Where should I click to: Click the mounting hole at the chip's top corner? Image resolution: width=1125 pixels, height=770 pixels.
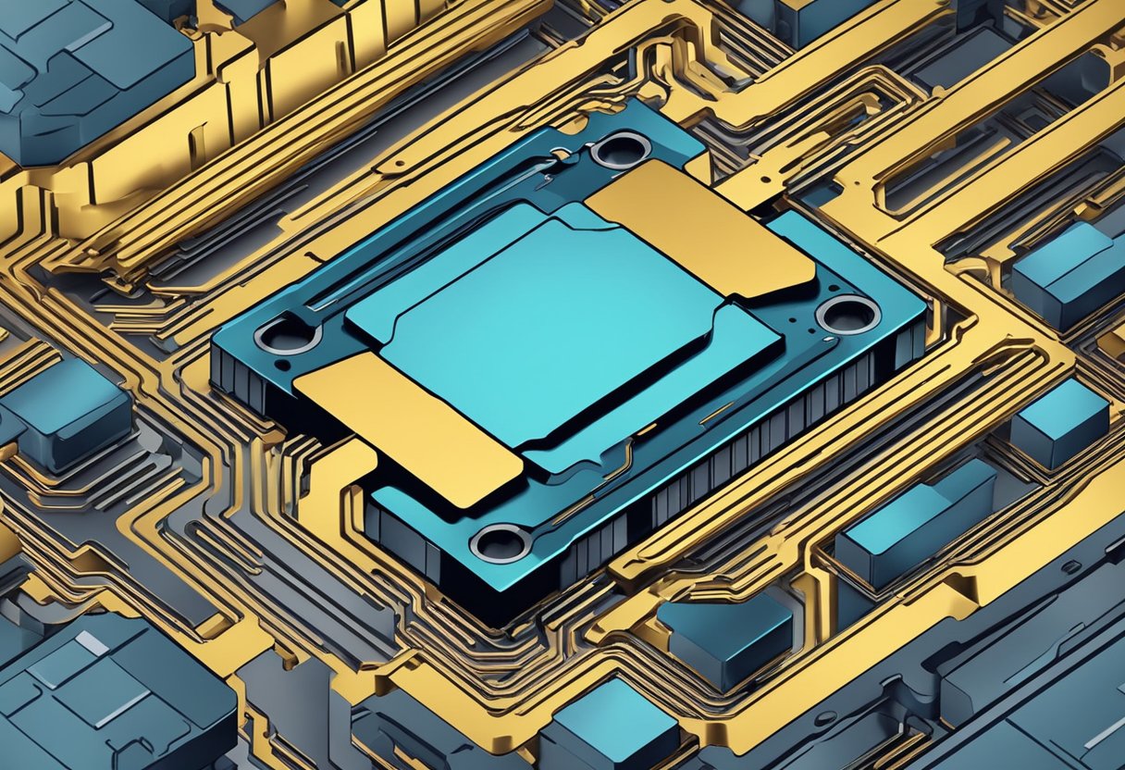click(621, 149)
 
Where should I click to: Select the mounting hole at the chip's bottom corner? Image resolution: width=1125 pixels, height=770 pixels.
click(500, 542)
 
